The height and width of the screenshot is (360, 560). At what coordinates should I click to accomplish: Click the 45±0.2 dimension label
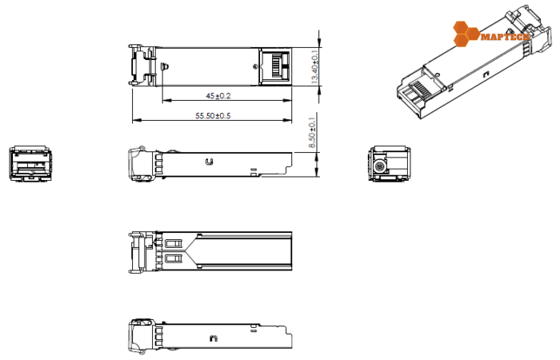pyautogui.click(x=218, y=95)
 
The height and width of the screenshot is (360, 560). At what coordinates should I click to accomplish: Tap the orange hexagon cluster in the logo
pyautogui.click(x=465, y=34)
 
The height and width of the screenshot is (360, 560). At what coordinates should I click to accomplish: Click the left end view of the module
pyautogui.click(x=29, y=163)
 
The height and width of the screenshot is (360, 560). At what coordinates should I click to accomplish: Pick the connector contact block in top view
pyautogui.click(x=276, y=66)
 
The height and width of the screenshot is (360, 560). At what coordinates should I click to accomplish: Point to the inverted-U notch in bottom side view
pyautogui.click(x=213, y=338)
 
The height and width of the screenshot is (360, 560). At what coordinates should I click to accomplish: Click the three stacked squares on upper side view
pyautogui.click(x=158, y=165)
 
